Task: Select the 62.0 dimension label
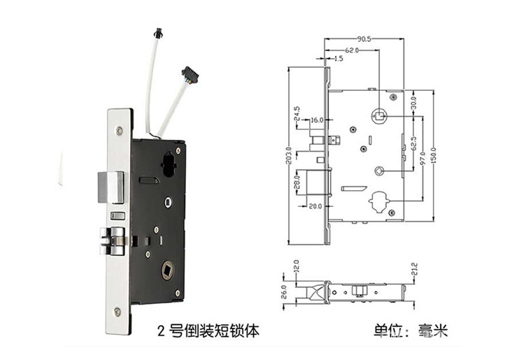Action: coord(352,50)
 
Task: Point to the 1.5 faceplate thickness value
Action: coord(338,60)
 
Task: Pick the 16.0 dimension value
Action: coord(317,120)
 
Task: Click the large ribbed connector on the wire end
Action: coord(188,72)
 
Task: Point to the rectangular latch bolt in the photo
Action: coord(110,183)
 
